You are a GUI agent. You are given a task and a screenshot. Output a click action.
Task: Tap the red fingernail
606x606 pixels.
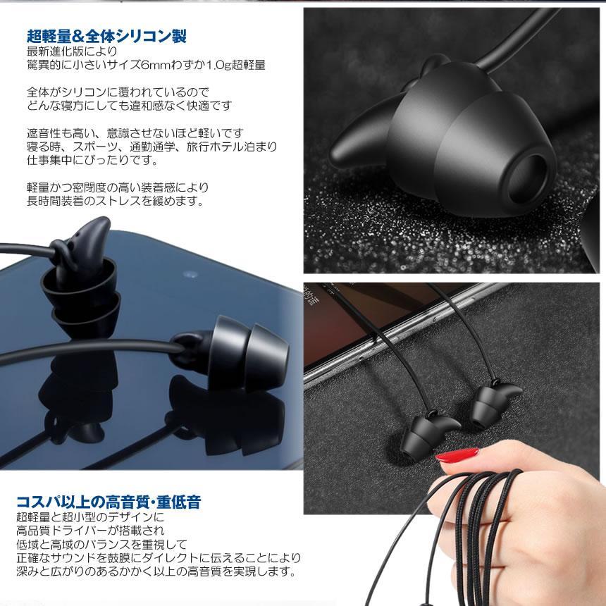coord(460,459)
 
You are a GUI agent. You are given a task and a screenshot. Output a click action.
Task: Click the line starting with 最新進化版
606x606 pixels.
coord(73,51)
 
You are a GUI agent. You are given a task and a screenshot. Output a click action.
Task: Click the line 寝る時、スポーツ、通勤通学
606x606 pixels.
coord(151,147)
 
